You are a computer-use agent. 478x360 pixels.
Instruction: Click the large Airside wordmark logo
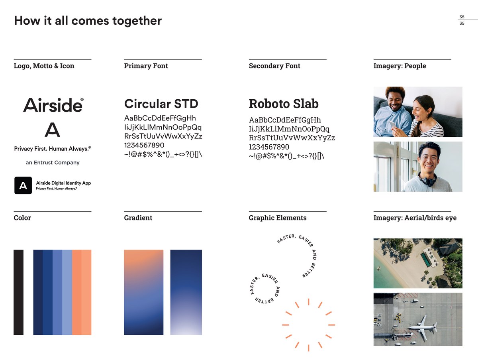pos(53,105)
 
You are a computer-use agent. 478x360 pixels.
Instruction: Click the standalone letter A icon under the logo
pos(52,130)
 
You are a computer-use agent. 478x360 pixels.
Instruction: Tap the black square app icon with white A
pos(23,185)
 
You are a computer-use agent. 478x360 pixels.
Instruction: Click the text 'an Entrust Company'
pos(53,163)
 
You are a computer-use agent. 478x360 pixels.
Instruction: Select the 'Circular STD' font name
pos(161,104)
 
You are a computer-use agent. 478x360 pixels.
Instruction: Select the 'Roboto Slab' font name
pos(284,104)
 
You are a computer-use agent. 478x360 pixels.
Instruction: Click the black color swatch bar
pos(18,292)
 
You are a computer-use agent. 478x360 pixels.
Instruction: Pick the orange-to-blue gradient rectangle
pos(144,292)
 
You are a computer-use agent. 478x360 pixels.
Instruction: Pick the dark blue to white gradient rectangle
pos(186,292)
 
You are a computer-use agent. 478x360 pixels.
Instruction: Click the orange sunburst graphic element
pos(309,325)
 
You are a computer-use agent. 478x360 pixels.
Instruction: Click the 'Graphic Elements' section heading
pos(278,218)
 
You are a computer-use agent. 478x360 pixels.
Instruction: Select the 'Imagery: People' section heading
pos(400,66)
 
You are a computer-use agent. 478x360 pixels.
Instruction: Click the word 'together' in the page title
pos(137,20)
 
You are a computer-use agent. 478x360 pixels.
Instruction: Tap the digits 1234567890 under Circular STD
pos(144,145)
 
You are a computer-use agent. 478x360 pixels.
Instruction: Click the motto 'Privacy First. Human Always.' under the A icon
pos(52,149)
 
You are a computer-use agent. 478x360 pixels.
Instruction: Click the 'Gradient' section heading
pos(138,218)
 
